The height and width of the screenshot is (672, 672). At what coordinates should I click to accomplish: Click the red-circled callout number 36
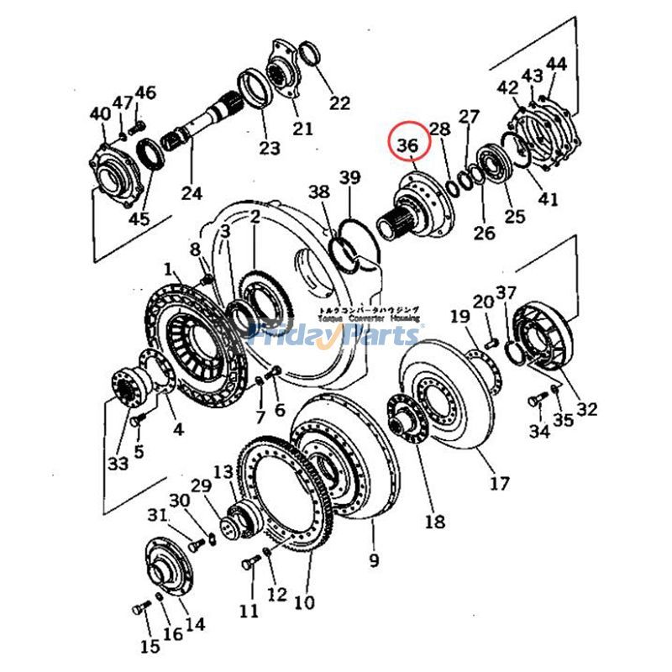[408, 145]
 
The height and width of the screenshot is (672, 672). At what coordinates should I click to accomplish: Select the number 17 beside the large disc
[499, 483]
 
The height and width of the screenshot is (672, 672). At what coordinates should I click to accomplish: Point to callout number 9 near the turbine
[374, 559]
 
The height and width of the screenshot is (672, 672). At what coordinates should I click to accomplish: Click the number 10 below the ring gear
[304, 602]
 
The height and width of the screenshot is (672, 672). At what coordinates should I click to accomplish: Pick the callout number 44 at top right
[557, 64]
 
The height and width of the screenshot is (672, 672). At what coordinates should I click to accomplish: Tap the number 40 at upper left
[100, 114]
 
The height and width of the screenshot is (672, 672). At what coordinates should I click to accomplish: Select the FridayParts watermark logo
[336, 336]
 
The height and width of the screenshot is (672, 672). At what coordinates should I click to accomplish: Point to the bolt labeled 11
[249, 564]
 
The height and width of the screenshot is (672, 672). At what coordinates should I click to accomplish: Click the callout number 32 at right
[586, 409]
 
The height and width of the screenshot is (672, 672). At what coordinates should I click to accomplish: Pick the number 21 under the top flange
[302, 129]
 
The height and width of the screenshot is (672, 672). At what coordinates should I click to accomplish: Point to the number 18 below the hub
[434, 522]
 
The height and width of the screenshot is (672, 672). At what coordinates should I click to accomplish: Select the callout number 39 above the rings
[350, 177]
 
